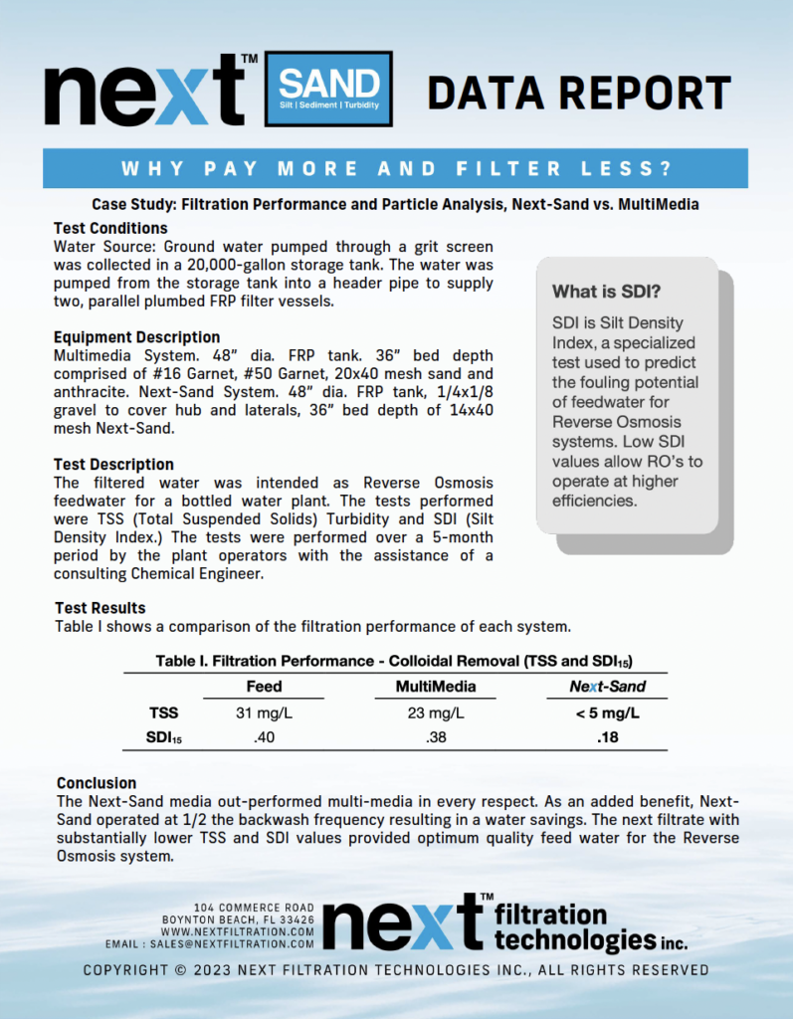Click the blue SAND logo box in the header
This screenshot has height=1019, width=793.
328,89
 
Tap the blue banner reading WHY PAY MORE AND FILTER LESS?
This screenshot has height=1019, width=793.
396,167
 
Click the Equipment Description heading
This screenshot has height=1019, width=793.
136,337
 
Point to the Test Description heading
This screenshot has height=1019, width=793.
113,465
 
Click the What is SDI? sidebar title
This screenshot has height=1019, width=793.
606,293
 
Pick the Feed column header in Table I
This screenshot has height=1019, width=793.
264,687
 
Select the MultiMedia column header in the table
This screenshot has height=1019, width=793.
436,687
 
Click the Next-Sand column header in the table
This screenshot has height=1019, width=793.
607,687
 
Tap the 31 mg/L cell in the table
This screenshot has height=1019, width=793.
264,713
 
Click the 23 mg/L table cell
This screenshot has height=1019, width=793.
436,713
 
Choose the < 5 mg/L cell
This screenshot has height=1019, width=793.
607,713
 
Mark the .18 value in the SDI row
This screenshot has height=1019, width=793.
607,737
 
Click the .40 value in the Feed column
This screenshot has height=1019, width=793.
264,737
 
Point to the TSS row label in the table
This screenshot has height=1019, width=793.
164,713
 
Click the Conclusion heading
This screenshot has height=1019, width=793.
97,783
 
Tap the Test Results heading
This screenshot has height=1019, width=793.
99,608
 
